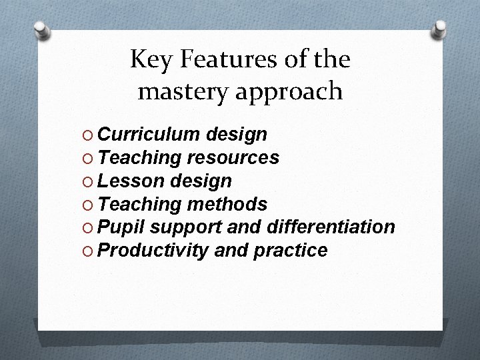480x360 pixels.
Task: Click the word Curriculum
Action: (x=148, y=135)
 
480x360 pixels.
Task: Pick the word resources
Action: (x=233, y=158)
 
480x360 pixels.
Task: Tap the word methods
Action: (x=228, y=203)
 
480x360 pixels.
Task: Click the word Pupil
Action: (x=121, y=227)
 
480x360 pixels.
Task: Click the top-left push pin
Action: (x=41, y=30)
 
